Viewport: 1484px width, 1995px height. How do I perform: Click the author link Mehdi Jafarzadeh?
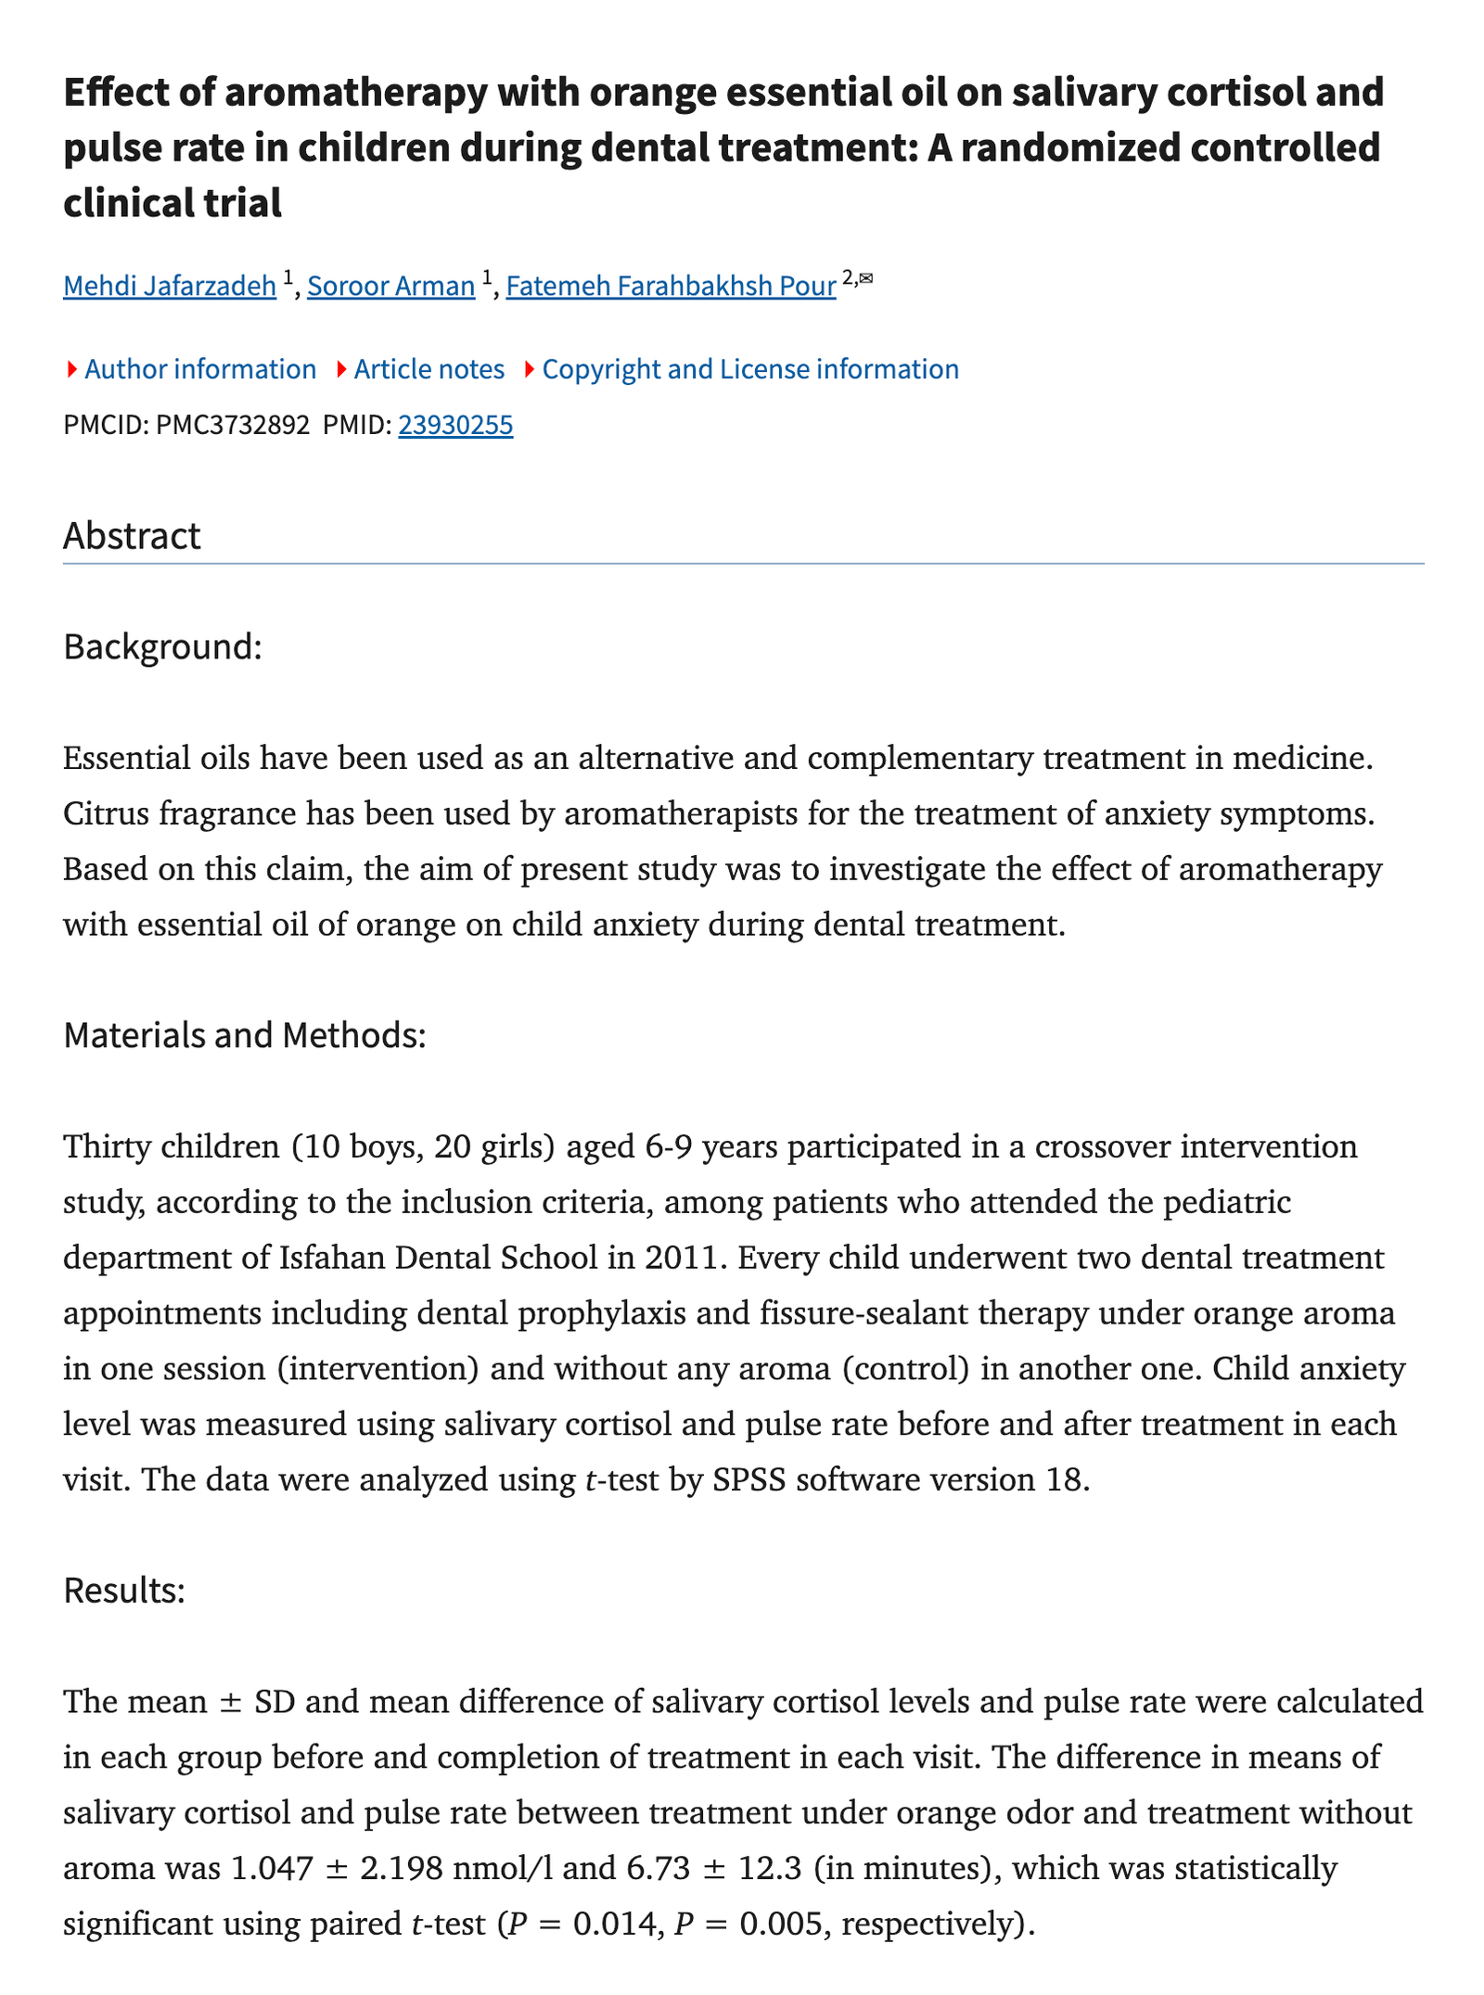[x=170, y=286]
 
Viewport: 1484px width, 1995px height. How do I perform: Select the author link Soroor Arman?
[x=390, y=286]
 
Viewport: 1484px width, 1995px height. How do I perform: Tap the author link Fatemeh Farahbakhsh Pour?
[x=671, y=286]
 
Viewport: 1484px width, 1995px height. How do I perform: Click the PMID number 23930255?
[x=455, y=425]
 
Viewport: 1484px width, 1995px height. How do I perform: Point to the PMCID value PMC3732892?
[x=233, y=425]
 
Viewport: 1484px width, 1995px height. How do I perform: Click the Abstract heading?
[x=132, y=536]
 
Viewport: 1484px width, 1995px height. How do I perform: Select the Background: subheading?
[x=163, y=646]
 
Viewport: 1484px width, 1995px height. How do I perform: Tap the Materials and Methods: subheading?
[x=245, y=1035]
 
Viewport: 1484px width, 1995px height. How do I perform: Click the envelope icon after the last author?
[x=866, y=277]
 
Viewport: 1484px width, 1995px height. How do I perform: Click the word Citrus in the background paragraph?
[x=107, y=813]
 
